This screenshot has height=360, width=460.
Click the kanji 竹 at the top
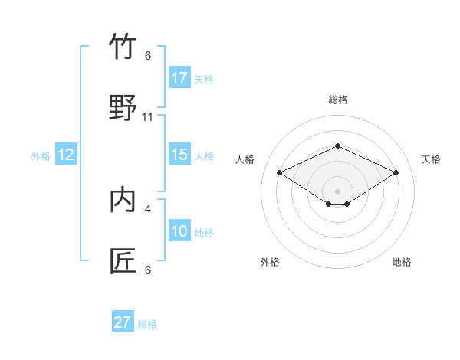point(123,47)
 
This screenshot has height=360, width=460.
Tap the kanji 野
point(123,108)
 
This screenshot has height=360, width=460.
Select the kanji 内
point(123,200)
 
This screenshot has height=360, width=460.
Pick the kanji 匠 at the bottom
point(123,261)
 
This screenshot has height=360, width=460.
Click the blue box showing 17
point(179,78)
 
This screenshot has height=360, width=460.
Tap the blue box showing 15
point(179,155)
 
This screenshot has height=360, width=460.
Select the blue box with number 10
point(179,231)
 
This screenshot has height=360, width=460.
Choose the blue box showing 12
point(65,155)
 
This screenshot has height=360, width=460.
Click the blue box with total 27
point(122,322)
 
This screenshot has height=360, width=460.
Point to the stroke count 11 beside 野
point(148,117)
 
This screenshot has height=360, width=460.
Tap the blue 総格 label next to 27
point(147,324)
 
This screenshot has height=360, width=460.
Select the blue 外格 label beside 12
point(41,156)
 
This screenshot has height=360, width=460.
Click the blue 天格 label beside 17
point(204,80)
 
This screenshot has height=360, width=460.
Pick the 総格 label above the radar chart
point(337,100)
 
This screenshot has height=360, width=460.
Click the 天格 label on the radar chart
point(432,159)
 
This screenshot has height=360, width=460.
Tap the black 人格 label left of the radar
point(245,159)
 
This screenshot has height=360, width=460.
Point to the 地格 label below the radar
point(402,262)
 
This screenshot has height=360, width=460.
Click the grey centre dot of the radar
point(337,191)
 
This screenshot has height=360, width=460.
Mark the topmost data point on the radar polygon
point(337,146)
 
